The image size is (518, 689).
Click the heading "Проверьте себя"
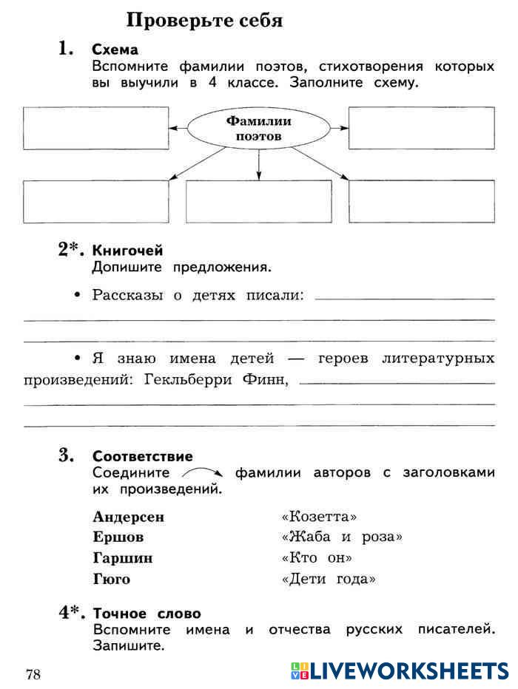click(204, 20)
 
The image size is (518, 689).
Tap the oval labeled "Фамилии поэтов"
click(258, 129)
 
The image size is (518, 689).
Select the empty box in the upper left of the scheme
click(96, 128)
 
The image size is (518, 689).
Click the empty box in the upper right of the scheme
click(421, 128)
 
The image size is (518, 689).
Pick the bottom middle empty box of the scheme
click(258, 201)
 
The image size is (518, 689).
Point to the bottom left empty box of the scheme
click(96, 201)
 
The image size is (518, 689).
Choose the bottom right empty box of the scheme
click(421, 201)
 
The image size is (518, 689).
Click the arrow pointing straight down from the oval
click(258, 164)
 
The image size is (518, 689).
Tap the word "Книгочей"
click(127, 251)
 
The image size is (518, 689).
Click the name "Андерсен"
click(129, 517)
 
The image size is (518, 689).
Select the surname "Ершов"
click(118, 537)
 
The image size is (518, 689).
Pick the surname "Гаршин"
click(122, 558)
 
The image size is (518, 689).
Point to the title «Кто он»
click(317, 558)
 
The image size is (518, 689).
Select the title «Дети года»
click(329, 579)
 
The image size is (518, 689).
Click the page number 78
click(33, 673)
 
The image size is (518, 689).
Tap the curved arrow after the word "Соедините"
click(202, 472)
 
